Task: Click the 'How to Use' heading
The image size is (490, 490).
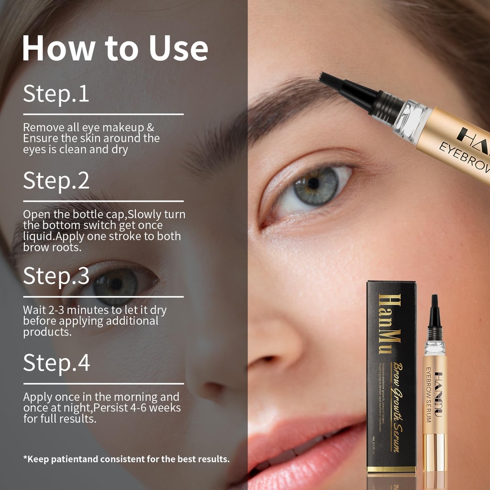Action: [x=115, y=49]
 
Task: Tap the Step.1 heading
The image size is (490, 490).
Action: [x=56, y=94]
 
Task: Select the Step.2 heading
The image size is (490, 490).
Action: [x=56, y=181]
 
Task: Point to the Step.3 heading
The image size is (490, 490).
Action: [x=56, y=276]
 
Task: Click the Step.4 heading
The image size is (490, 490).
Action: [x=56, y=363]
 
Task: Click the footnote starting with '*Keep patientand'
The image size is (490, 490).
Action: [x=126, y=458]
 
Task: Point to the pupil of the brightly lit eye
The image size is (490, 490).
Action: [x=313, y=183]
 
